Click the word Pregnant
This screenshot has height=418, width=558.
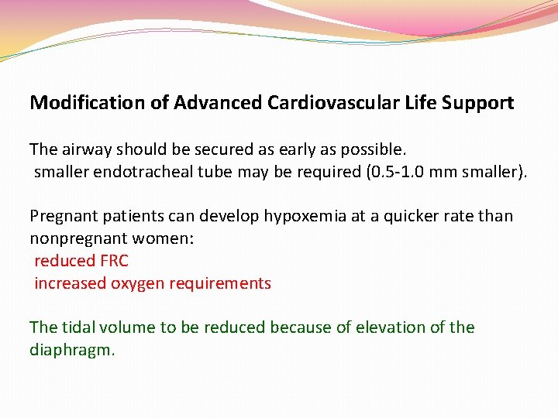[x=63, y=216]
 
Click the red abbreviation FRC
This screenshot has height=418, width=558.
[x=113, y=261]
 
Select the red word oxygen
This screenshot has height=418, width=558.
[x=136, y=283]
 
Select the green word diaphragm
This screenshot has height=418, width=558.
[x=71, y=350]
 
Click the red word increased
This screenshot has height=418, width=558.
[x=69, y=283]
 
